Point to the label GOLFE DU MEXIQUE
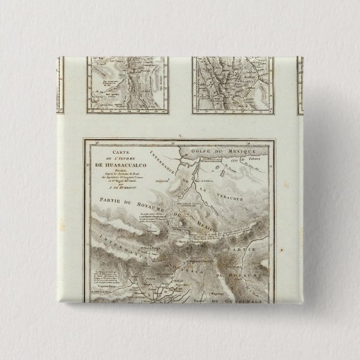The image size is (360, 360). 221,151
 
